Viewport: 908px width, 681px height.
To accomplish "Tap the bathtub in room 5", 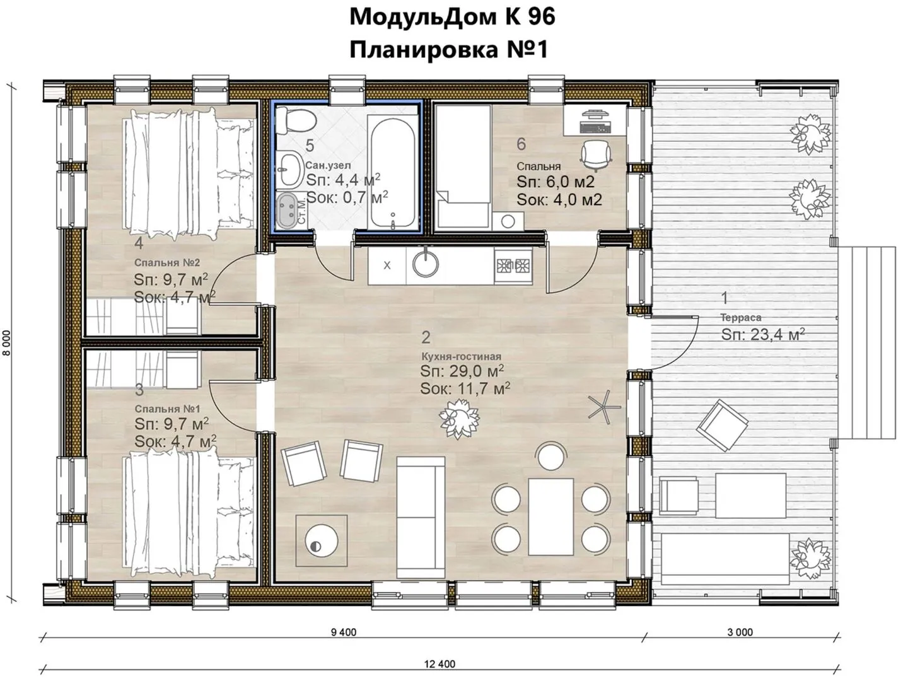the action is [x=392, y=170].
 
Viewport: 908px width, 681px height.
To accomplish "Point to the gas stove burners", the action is [x=513, y=265].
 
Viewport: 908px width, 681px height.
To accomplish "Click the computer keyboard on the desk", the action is [x=596, y=127].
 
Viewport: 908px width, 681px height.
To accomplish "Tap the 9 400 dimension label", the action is [x=344, y=632].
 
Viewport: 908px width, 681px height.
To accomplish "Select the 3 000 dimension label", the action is [x=740, y=632].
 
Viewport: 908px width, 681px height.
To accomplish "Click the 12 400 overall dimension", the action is [x=439, y=664].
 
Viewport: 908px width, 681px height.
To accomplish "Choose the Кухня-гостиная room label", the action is [x=461, y=356].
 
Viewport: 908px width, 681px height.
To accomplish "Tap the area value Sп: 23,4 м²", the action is [x=763, y=334].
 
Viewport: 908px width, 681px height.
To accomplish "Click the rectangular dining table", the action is [x=550, y=516].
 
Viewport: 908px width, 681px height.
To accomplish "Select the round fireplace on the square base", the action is [x=321, y=541].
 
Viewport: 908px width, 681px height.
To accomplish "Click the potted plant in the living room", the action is [x=459, y=419].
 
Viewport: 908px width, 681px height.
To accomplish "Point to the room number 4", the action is [x=139, y=243].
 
